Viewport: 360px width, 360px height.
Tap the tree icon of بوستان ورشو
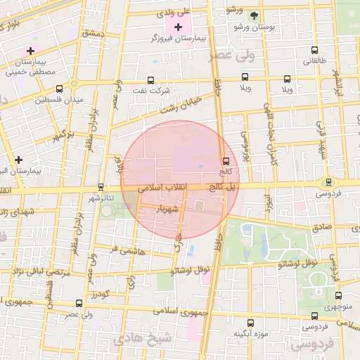254,15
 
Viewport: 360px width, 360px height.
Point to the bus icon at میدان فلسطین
59,89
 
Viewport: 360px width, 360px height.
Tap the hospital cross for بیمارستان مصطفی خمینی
30,51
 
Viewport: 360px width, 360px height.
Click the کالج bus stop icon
225,161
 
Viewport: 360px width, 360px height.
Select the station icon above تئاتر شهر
101,187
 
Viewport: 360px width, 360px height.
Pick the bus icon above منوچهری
338,296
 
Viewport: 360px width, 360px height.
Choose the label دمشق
92,33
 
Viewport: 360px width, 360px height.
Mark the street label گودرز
99,295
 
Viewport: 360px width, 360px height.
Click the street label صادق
321,228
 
